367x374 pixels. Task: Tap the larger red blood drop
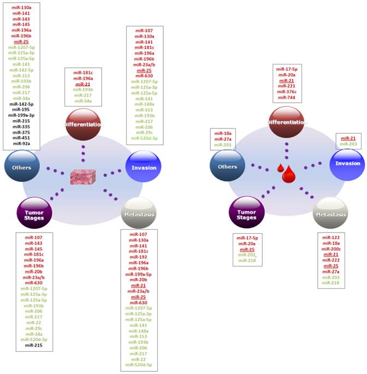288,174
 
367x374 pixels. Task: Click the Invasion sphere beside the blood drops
348,163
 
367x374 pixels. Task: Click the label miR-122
331,238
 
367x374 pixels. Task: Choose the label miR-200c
331,249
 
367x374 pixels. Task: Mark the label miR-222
331,260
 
